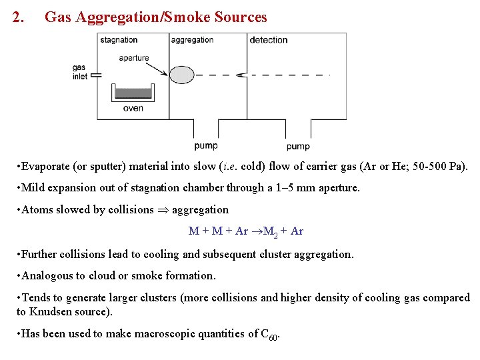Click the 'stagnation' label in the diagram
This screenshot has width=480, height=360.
(119, 40)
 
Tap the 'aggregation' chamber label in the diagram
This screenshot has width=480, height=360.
(192, 40)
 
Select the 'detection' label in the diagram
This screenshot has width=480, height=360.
(269, 40)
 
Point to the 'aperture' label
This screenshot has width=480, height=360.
(134, 58)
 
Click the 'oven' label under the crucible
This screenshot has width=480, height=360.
(133, 108)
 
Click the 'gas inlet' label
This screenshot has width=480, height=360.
(80, 72)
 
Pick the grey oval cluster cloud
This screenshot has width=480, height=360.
(182, 75)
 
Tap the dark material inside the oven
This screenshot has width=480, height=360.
(133, 93)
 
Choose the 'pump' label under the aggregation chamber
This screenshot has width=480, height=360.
(206, 145)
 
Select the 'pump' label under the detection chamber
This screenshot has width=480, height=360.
(298, 146)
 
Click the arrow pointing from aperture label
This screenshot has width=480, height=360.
(157, 65)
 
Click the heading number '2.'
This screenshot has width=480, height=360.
(19, 18)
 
